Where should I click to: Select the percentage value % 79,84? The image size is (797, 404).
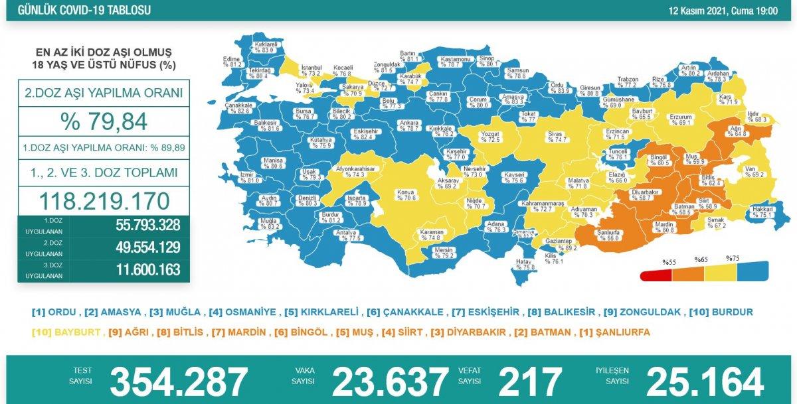tap(103, 121)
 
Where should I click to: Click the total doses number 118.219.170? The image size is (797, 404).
tap(103, 200)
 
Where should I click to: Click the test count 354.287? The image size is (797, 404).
tap(179, 381)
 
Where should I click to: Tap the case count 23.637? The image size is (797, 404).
tap(390, 381)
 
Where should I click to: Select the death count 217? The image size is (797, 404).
tap(531, 381)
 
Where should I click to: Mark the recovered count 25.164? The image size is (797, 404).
tap(705, 381)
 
